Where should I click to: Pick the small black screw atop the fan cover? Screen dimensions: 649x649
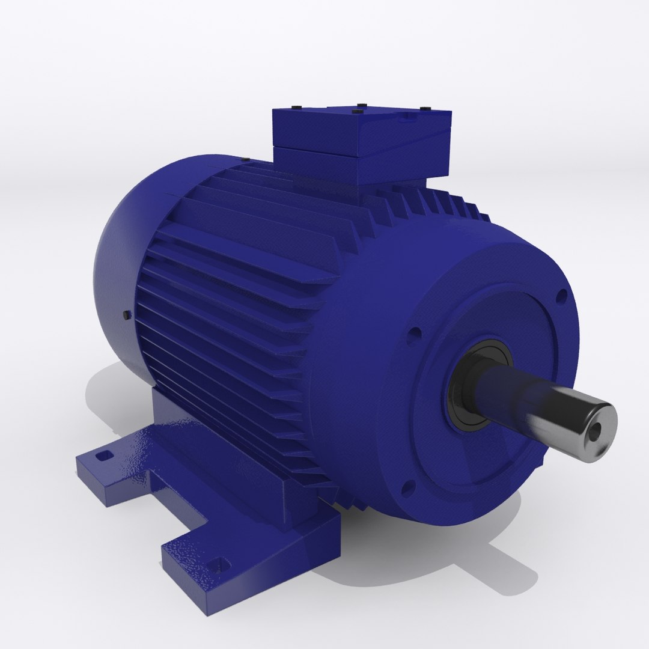coord(245,159)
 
